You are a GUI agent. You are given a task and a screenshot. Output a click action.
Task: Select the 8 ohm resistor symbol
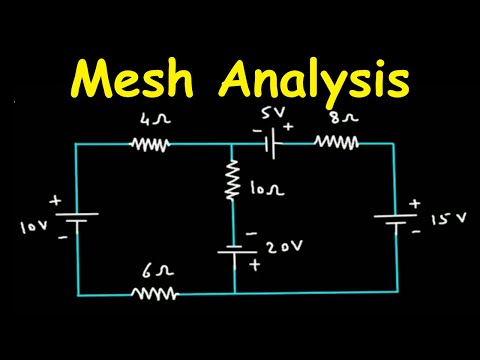pos(337,143)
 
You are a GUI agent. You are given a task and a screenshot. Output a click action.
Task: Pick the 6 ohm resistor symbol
pos(155,294)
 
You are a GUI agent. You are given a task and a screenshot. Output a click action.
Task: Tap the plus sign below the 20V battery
pos(255,266)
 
